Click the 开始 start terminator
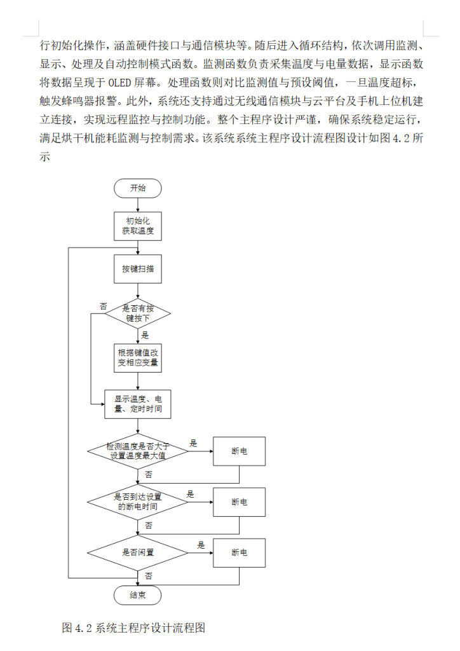coord(137,188)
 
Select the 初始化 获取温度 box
coord(137,227)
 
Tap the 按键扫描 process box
coord(137,270)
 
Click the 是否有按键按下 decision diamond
coord(137,312)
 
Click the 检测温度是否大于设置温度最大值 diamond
coord(137,451)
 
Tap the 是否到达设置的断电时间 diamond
coord(137,502)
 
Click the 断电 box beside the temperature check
coord(239,451)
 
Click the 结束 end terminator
coord(137,596)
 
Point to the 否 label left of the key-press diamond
coord(103,306)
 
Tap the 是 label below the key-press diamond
coord(145,334)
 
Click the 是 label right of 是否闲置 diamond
coord(201,545)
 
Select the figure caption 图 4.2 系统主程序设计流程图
coord(134,628)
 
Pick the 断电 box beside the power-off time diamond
coord(239,502)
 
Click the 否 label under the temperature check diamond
coord(148,474)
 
